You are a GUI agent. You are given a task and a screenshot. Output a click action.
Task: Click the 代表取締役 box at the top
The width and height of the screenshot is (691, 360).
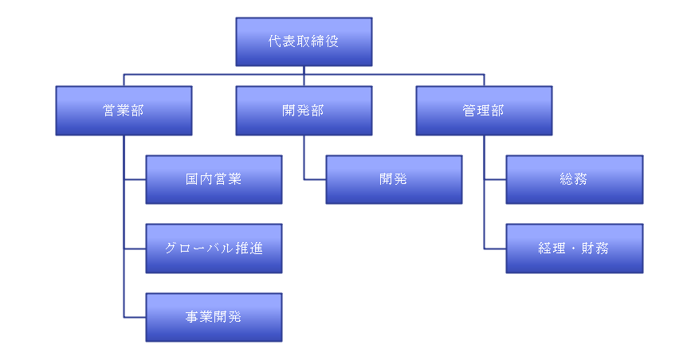coord(304,41)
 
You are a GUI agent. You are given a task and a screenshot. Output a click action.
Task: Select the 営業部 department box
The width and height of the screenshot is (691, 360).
coord(124,111)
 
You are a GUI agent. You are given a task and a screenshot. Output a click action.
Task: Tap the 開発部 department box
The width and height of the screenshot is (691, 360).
coord(304,111)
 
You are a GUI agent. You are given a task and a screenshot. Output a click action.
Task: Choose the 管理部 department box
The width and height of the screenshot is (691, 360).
coord(484,111)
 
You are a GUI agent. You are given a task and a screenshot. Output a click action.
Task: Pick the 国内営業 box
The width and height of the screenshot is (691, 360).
coord(214,179)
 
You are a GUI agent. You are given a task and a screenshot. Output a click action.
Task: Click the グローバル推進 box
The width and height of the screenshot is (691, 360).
coord(214,248)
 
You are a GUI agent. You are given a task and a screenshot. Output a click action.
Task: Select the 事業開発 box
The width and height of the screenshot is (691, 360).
coord(214,317)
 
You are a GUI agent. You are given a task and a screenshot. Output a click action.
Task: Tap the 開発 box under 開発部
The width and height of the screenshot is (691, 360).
coord(394,179)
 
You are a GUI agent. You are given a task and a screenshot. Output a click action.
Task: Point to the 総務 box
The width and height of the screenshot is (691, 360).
coord(574,179)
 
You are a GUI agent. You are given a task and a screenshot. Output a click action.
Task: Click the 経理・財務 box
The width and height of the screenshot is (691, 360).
coord(574,248)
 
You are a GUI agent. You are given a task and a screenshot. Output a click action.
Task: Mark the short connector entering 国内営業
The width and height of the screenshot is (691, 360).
coord(135,180)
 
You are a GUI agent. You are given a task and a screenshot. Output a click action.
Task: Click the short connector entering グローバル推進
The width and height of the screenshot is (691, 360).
coord(135,248)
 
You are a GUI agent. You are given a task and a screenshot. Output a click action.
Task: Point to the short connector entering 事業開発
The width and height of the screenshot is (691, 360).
coord(135,317)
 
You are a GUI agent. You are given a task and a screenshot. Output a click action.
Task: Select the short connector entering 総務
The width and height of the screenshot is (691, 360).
coord(495,180)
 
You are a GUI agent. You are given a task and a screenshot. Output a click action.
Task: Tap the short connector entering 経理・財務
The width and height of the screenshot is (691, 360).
coord(495,248)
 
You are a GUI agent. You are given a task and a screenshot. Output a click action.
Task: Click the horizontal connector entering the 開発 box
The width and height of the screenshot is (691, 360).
coord(315,180)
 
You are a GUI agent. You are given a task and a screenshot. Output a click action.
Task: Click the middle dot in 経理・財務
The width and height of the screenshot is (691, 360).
coord(574,248)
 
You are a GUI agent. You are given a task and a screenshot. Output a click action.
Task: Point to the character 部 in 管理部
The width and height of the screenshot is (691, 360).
coord(498,111)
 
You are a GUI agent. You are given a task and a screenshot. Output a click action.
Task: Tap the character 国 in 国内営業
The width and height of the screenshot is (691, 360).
coord(193,179)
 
